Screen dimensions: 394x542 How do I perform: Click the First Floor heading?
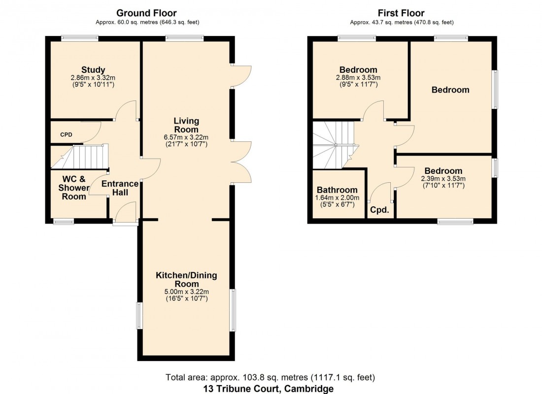click(x=402, y=13)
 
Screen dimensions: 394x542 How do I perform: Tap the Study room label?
click(x=94, y=70)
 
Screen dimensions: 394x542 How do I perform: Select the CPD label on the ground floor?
click(x=66, y=134)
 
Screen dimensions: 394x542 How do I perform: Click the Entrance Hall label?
click(x=120, y=188)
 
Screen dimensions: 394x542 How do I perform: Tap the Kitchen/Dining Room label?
click(x=186, y=279)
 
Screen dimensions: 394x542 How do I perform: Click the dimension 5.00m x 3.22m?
click(x=186, y=292)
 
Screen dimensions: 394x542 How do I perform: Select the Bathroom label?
click(x=337, y=190)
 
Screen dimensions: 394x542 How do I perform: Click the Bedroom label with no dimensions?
click(x=450, y=90)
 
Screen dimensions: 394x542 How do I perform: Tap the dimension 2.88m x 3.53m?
click(x=358, y=78)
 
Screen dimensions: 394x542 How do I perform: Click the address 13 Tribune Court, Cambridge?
click(x=271, y=389)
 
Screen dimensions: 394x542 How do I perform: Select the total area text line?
click(x=271, y=378)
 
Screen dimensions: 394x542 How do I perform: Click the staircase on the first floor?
click(x=334, y=143)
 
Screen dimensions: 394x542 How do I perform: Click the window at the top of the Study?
click(x=79, y=38)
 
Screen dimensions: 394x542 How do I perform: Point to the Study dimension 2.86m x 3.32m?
click(x=94, y=78)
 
